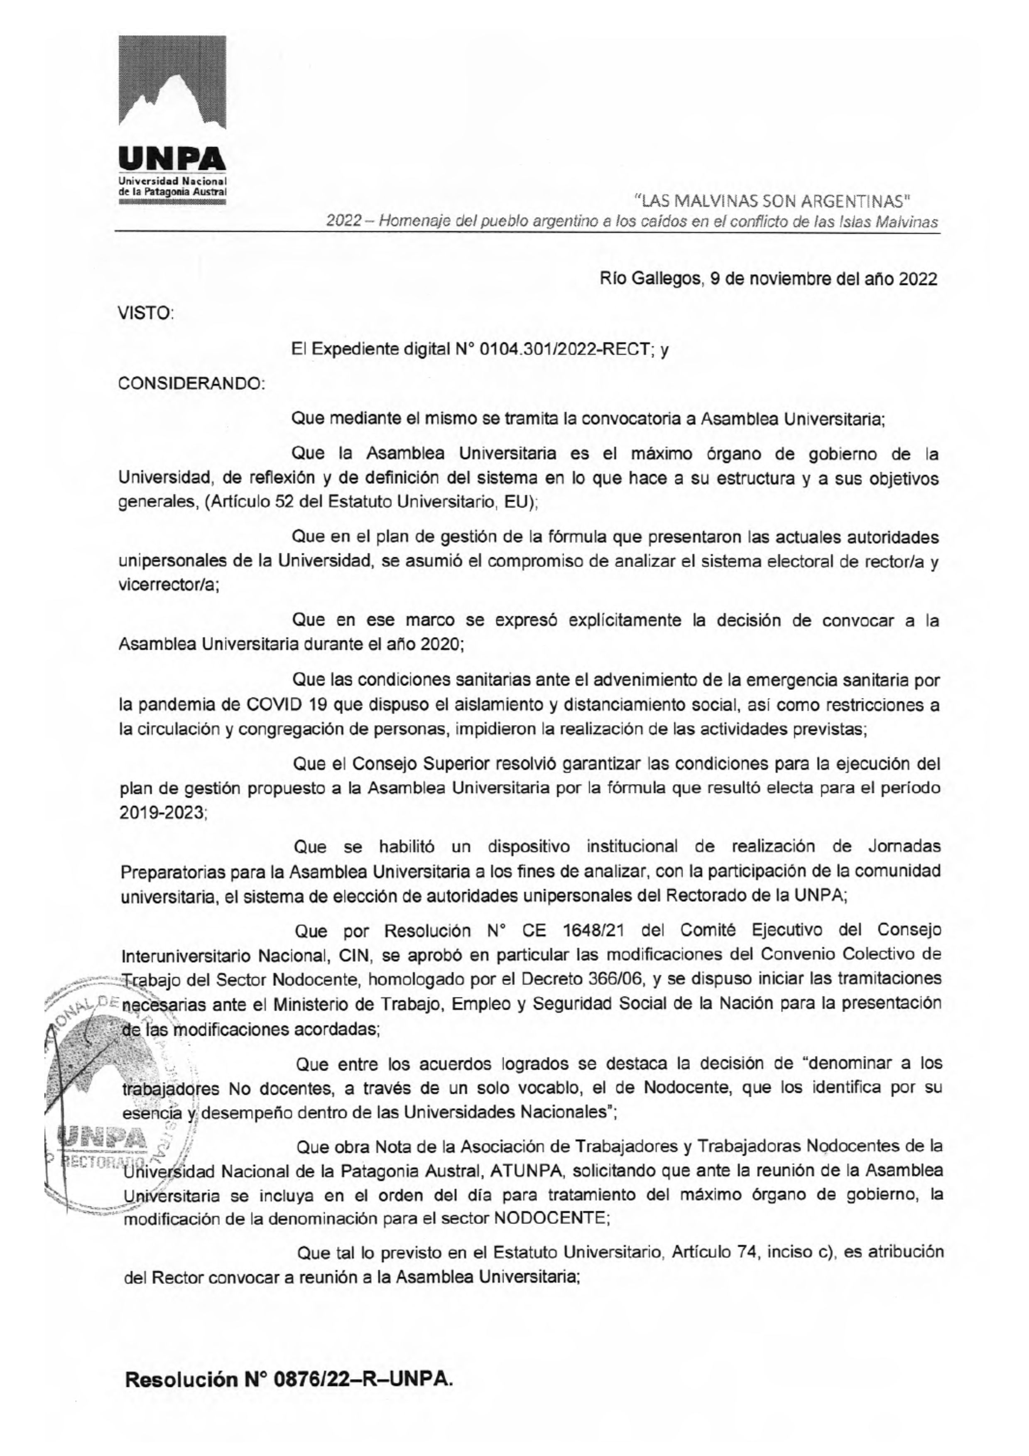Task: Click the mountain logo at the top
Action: pyautogui.click(x=172, y=89)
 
